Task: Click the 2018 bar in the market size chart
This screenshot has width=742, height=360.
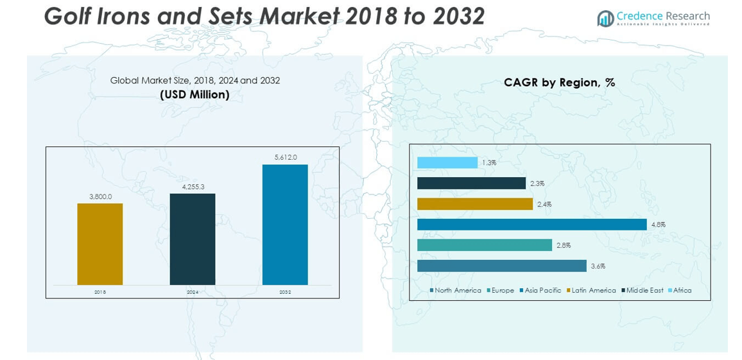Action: coord(99,244)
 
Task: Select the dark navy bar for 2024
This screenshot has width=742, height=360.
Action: coord(193,239)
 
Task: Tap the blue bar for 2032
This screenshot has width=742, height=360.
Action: coord(285,225)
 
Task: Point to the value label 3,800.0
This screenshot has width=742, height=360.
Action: coord(100,197)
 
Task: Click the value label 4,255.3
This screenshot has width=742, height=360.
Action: coord(193,187)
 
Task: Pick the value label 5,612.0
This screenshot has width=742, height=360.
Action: coord(285,157)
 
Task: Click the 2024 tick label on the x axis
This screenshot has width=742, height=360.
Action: coord(193,292)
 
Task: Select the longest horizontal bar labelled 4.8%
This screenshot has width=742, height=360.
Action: coord(531,225)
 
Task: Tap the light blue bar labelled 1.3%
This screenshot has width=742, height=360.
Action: coord(447,163)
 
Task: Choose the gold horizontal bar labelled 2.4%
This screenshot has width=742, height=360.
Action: coord(475,204)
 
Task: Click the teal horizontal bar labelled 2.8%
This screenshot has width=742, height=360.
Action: coord(485,245)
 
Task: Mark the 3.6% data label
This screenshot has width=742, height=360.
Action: coord(598,266)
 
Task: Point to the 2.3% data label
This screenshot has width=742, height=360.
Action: coord(537,184)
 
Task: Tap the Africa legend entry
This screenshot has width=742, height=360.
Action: coord(682,291)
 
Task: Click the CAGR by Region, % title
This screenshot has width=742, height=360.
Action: coord(559,83)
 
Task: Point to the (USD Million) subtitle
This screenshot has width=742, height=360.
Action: coord(194,95)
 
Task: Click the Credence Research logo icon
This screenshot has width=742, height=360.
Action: coord(605,19)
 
